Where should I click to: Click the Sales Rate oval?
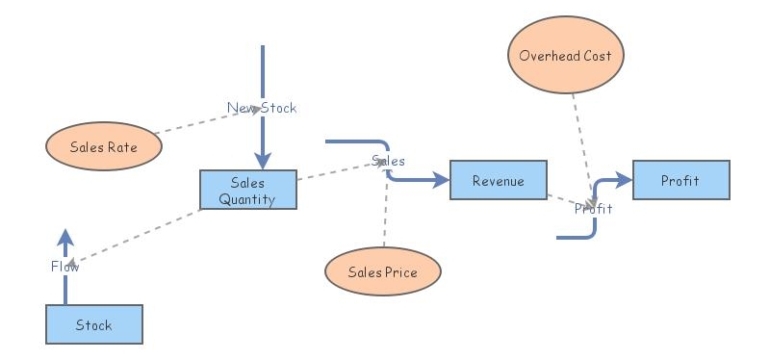(x=104, y=147)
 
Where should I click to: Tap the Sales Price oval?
(x=382, y=272)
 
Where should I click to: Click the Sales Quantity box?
(x=247, y=190)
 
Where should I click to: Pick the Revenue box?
(x=499, y=180)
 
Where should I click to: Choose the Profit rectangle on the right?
(x=680, y=180)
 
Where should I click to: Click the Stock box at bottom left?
(x=94, y=324)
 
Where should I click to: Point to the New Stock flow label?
(x=262, y=108)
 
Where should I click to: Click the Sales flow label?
(x=388, y=161)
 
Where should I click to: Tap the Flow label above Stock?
(x=65, y=267)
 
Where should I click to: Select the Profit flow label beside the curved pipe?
(x=594, y=208)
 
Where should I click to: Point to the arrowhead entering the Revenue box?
(x=441, y=180)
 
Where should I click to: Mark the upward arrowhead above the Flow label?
(x=65, y=238)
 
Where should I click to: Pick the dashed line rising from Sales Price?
(x=385, y=212)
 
